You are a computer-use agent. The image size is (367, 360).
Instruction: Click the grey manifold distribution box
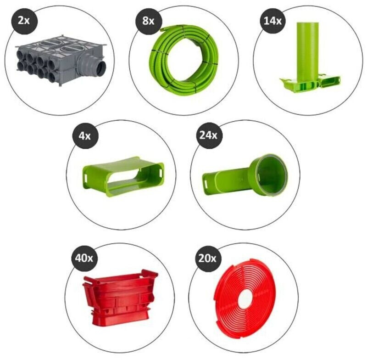tap(55, 60)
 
